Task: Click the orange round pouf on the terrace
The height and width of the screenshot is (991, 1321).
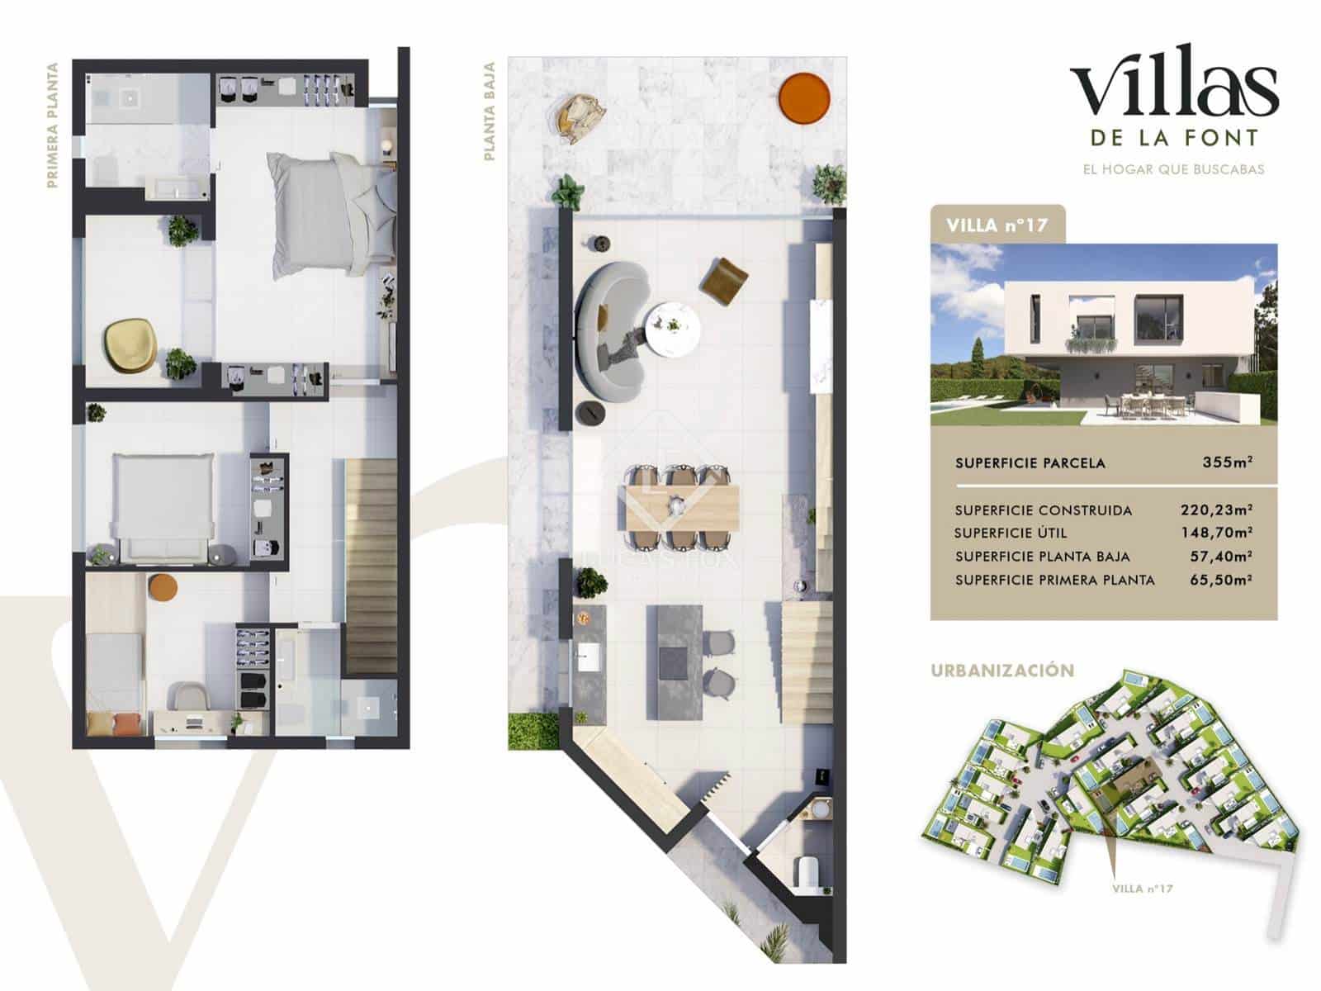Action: (804, 98)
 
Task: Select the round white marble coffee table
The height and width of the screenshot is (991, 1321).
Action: (673, 330)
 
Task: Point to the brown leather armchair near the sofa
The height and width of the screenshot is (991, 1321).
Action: (724, 278)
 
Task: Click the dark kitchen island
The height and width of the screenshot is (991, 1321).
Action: (675, 661)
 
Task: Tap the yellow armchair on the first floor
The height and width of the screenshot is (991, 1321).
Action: (130, 343)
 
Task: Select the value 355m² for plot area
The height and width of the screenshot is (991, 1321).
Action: (1227, 462)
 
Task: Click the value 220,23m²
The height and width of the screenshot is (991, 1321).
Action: (1216, 510)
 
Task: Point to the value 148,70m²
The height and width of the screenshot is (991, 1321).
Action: (1216, 533)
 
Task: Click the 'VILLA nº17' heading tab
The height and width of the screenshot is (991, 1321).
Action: (997, 225)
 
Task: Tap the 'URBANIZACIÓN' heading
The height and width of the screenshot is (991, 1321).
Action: (1002, 671)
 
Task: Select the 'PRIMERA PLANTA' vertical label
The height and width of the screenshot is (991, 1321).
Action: (54, 126)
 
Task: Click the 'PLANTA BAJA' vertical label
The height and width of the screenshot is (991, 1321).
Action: (490, 111)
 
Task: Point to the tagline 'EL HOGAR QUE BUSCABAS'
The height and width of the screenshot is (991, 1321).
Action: (1173, 169)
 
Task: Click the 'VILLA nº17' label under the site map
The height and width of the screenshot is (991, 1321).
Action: (1142, 889)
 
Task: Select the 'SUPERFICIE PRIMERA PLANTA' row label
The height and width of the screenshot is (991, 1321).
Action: (1054, 581)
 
